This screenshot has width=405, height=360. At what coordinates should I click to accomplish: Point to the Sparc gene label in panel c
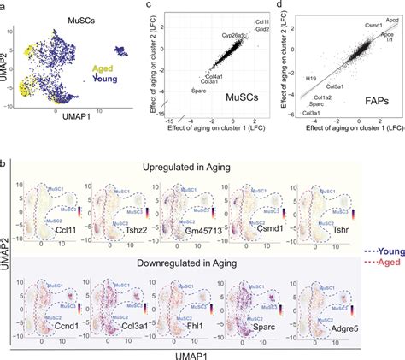[x=197, y=88]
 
